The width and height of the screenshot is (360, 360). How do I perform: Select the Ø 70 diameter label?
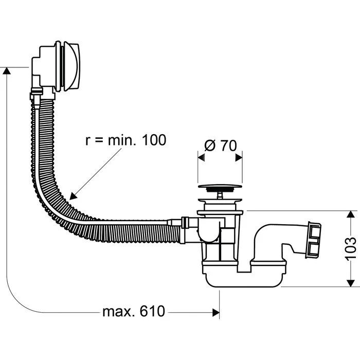220,146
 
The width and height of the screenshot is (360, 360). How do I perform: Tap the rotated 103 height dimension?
351,248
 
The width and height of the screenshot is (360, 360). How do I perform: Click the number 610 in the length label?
152,311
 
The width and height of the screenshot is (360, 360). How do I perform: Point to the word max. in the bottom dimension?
118,312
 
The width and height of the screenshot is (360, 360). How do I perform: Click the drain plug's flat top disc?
220,186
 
